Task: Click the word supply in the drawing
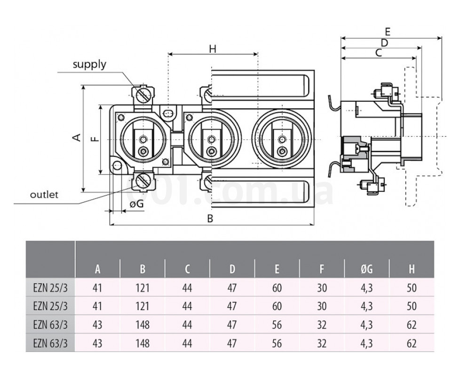[x=89, y=65]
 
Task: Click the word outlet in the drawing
[x=44, y=195]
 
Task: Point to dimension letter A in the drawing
[x=77, y=137]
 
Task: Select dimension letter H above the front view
[x=213, y=49]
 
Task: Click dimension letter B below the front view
[x=211, y=218]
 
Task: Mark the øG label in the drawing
[x=136, y=204]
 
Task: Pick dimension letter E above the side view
[x=388, y=32]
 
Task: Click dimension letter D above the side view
[x=384, y=43]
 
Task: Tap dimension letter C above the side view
[x=379, y=53]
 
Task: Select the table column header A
[x=98, y=270]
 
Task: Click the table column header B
[x=143, y=270]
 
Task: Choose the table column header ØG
[x=367, y=270]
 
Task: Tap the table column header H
[x=412, y=270]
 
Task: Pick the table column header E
[x=277, y=270]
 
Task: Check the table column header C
[x=187, y=270]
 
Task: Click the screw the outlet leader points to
[x=143, y=180]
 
